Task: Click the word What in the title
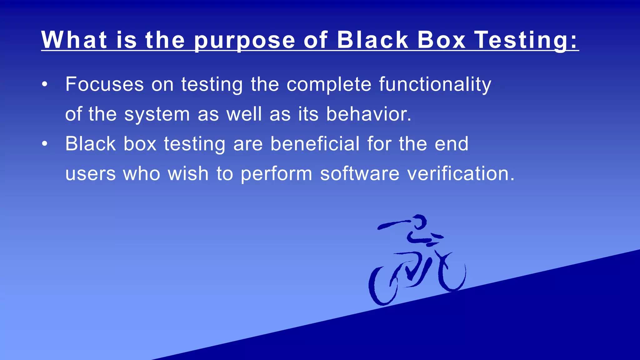click(x=74, y=40)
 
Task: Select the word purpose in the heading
click(x=245, y=41)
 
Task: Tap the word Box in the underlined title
click(x=442, y=40)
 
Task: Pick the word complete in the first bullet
click(x=329, y=85)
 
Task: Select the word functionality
click(x=435, y=85)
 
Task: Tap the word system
click(x=157, y=114)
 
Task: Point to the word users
click(x=91, y=174)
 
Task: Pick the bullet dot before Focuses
click(x=45, y=84)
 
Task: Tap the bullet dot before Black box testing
click(x=45, y=144)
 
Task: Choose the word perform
click(x=276, y=174)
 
